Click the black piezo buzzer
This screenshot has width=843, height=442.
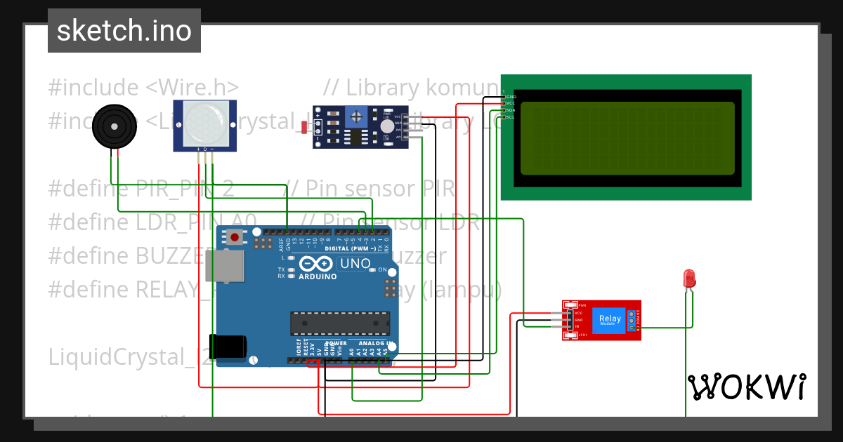coord(112,126)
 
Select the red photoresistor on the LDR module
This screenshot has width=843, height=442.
coord(303,127)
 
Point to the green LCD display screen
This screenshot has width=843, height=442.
coord(627,138)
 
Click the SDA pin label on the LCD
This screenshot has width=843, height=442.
coord(511,110)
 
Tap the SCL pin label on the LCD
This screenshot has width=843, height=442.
coord(511,117)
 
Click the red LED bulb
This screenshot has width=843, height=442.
coord(690,279)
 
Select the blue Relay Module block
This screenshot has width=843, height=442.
coord(609,320)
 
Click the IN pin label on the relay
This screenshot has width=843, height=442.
coord(577,326)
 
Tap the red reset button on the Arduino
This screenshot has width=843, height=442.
coord(235,239)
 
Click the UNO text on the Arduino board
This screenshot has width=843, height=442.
coord(355,264)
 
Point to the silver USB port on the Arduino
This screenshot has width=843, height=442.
coord(226,269)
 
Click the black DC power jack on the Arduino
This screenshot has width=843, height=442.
coord(230,348)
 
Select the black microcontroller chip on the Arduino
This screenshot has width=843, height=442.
coord(340,323)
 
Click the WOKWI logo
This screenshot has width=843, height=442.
coord(746,387)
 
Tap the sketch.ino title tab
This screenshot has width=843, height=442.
coord(124,31)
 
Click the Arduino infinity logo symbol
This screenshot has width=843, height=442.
coord(317,264)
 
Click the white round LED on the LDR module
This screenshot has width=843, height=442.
coord(387,126)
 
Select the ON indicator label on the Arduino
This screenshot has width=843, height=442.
coord(383,269)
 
